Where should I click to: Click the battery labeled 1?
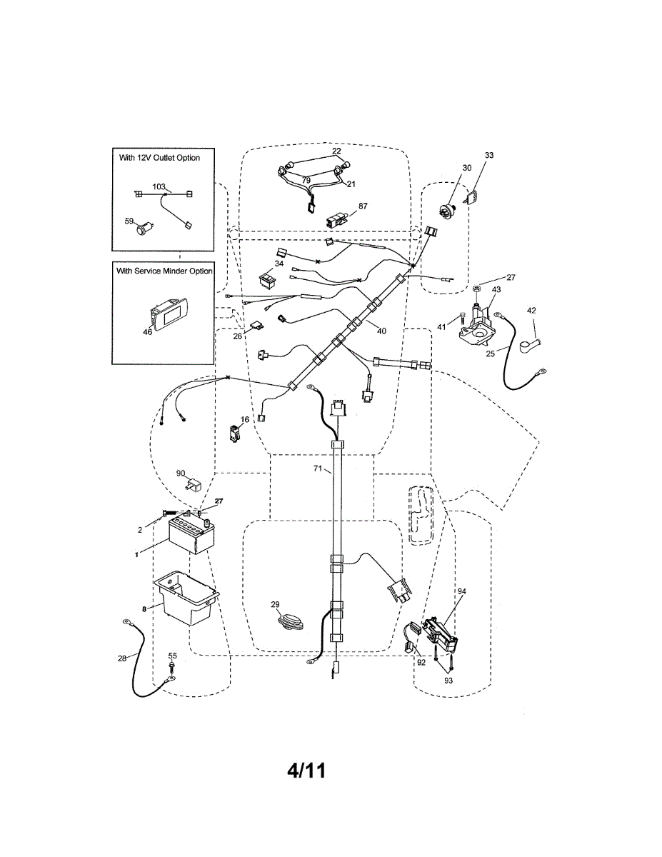coord(191,536)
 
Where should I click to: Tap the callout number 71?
coord(319,469)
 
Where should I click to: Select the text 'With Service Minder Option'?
coord(164,271)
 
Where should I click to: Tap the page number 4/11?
coord(306,771)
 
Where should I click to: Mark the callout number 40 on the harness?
coord(382,331)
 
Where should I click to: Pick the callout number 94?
coord(461,592)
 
